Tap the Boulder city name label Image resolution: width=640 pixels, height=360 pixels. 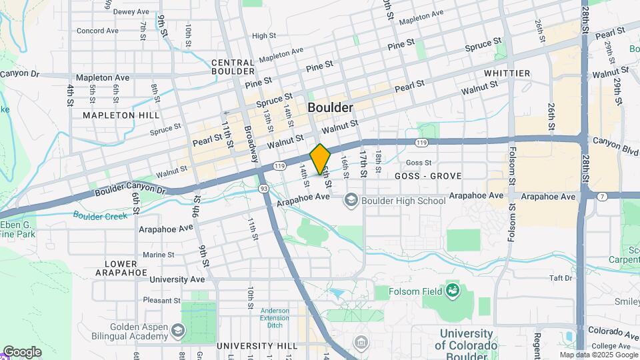point(330,107)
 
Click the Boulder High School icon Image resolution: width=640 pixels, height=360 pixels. point(351,200)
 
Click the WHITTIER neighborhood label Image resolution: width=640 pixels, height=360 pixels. point(507,73)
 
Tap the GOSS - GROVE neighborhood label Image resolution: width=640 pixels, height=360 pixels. point(429,177)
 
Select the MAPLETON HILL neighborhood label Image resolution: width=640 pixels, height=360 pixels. point(121,115)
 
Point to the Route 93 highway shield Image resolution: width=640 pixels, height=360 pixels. point(264,189)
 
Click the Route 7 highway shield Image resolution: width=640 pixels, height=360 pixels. point(602,196)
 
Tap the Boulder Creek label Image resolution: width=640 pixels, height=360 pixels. point(100,215)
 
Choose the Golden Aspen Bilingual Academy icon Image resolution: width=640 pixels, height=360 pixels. point(178,330)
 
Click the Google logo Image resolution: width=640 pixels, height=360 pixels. point(22,351)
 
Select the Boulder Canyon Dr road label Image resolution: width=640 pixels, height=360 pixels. point(129,191)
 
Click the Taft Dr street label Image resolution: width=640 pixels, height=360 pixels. point(561,277)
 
